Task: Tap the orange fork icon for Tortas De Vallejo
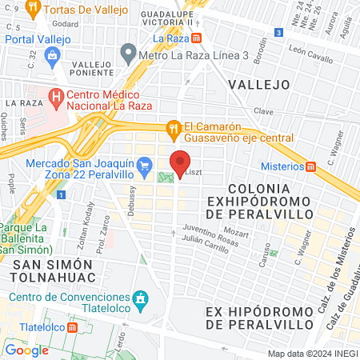[32, 10]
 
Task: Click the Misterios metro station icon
[311, 166]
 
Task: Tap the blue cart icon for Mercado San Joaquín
[144, 166]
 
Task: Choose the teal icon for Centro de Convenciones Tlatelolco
[142, 299]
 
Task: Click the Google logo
[26, 350]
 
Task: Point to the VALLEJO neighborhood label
[258, 84]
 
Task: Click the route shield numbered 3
[278, 33]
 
